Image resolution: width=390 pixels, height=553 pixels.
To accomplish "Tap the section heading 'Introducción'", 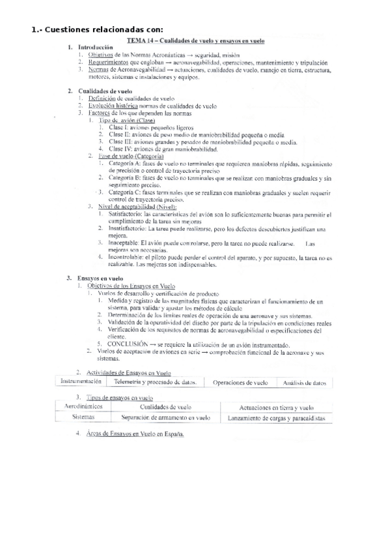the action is click(95, 48).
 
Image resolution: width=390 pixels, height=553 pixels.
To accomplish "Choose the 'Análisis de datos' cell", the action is click(304, 383).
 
